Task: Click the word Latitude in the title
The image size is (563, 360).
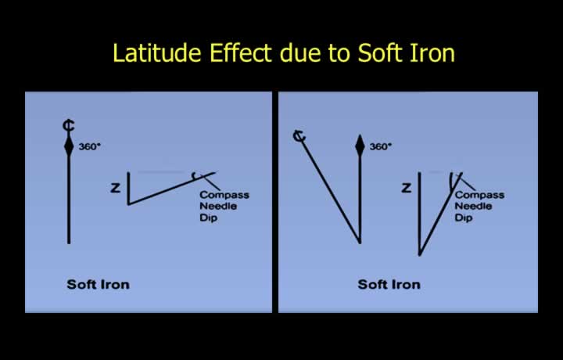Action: point(157,52)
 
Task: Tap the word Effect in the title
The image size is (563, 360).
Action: point(241,52)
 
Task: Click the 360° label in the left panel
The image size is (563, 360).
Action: point(88,146)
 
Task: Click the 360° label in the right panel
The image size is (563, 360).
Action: point(381,146)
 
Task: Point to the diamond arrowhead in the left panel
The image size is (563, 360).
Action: point(69,146)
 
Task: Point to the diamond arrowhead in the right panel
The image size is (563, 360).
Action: point(360,146)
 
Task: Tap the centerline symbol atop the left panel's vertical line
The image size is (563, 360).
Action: point(69,126)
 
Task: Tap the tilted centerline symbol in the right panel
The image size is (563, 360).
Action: point(299,136)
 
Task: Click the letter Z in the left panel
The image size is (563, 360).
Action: point(115,188)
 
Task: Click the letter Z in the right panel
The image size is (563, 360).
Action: point(406,188)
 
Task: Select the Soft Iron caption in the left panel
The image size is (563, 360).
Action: point(98,285)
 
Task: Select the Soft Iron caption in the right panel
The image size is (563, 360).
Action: point(389,285)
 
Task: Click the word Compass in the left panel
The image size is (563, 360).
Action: point(224,195)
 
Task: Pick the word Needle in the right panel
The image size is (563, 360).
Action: point(473,207)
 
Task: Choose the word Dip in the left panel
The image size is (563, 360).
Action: point(209,218)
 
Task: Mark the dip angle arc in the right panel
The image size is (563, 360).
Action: point(451,181)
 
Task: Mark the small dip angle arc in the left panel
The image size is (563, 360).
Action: point(194,176)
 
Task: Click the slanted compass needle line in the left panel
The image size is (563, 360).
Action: point(171,189)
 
